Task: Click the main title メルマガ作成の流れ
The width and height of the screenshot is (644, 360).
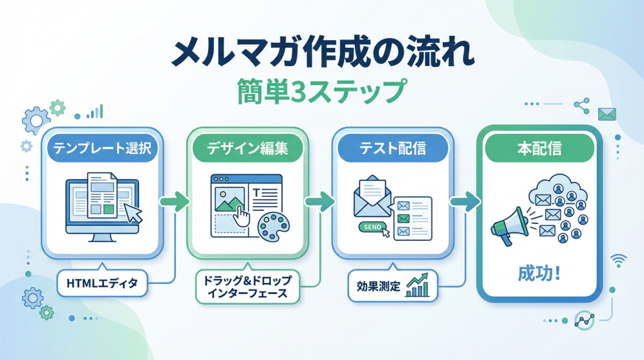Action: (323, 53)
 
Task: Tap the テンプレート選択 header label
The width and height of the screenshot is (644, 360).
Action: (103, 148)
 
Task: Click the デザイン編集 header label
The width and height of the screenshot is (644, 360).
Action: (247, 148)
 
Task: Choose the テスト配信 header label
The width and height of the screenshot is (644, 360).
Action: (393, 148)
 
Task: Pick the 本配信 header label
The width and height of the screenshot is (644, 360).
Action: (539, 148)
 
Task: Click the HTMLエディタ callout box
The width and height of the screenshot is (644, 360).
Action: (103, 283)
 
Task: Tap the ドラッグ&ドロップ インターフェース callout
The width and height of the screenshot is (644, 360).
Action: (248, 286)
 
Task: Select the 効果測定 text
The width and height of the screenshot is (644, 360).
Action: (378, 286)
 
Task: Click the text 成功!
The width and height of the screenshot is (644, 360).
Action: (539, 273)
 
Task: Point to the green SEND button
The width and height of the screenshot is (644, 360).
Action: (372, 227)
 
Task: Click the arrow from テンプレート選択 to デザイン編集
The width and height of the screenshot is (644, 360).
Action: (175, 201)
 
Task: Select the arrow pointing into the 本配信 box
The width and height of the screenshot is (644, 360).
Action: (465, 201)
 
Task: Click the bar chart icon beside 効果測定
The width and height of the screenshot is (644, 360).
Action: (418, 285)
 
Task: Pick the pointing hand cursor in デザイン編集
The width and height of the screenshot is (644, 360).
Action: (242, 215)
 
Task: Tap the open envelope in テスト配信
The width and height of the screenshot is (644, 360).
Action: (372, 196)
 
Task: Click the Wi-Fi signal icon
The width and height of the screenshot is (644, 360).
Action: (619, 260)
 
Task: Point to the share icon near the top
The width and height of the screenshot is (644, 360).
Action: (582, 106)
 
